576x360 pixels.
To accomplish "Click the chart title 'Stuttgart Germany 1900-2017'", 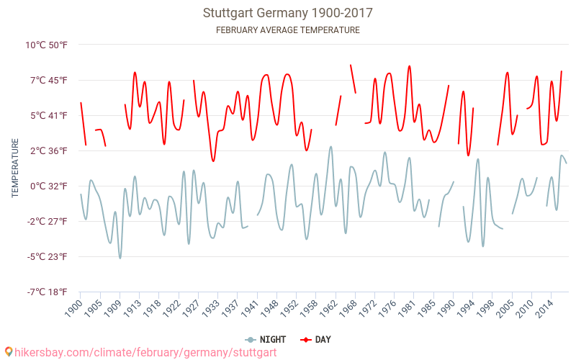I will click(288, 13).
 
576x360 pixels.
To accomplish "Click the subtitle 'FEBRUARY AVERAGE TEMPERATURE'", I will click(288, 30).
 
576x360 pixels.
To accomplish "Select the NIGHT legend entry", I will click(266, 339).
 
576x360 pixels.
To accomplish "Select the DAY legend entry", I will click(316, 339).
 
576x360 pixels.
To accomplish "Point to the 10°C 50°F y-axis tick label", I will click(46, 45).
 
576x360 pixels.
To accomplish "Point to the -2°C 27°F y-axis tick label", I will click(48, 221).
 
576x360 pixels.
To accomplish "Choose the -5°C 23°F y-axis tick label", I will click(48, 256).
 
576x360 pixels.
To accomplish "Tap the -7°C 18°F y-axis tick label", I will click(48, 292).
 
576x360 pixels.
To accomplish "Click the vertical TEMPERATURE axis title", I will click(15, 168).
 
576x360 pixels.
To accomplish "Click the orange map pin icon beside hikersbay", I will click(8, 352).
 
